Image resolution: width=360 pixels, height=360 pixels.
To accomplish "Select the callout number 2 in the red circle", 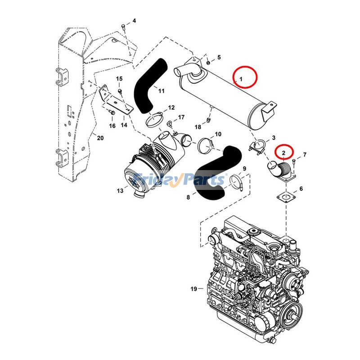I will point(283,153).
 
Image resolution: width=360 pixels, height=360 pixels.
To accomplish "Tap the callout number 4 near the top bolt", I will point(134,21).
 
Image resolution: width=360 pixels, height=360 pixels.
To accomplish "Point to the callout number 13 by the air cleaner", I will point(120,191).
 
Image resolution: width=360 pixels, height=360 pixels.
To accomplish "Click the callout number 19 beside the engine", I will point(193,289).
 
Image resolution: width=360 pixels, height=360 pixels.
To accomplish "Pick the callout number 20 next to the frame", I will point(100,138).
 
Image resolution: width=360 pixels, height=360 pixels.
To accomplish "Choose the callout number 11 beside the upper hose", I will point(161,91).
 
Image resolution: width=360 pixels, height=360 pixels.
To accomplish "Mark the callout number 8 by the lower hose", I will point(189,197).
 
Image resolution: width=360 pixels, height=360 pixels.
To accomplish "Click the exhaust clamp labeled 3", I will point(257,147).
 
